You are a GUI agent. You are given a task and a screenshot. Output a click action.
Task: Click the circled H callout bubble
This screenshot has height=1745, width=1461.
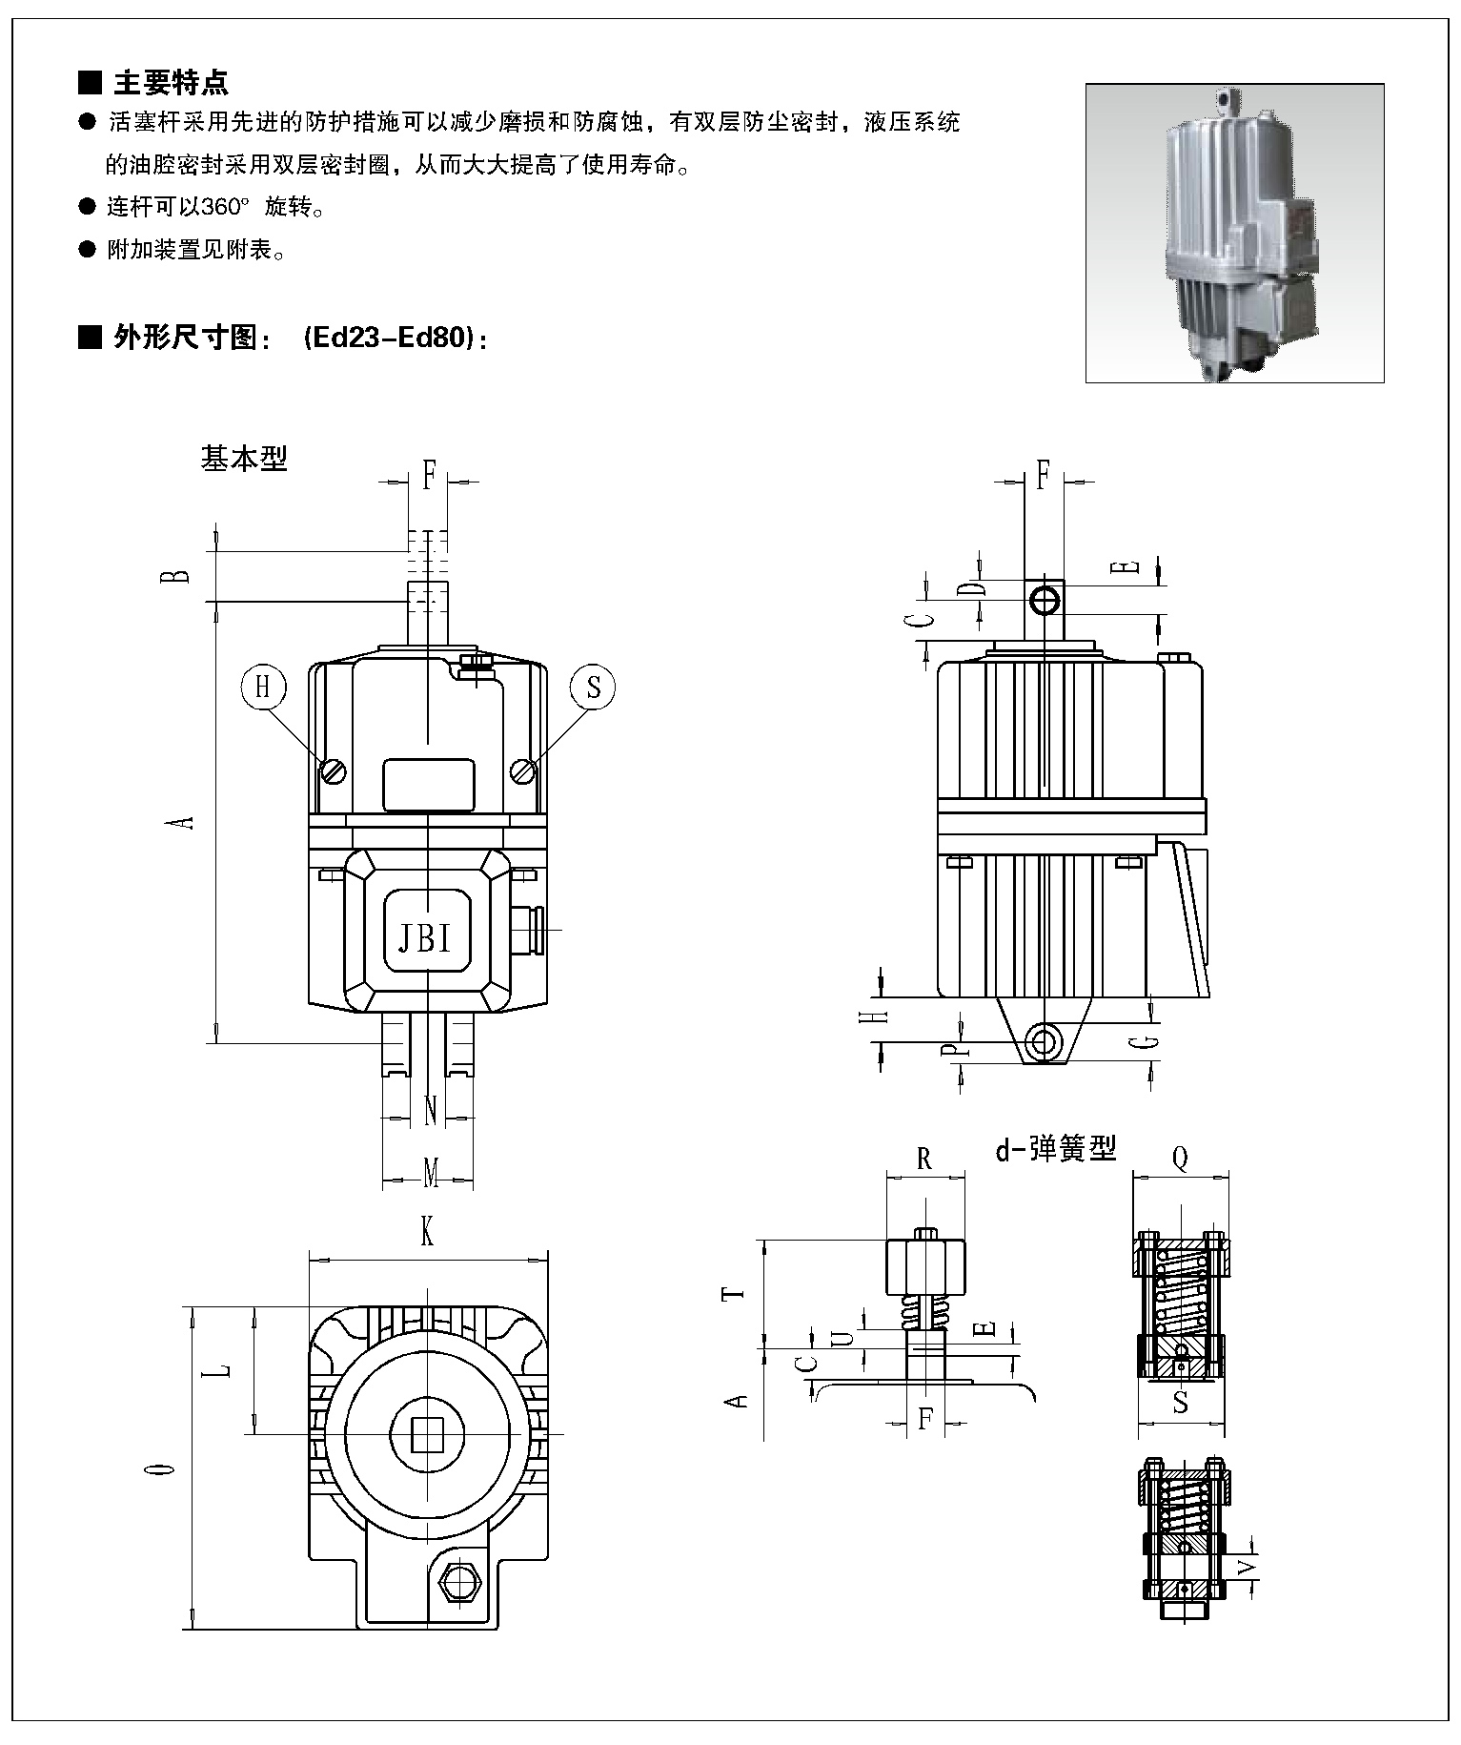[x=264, y=687]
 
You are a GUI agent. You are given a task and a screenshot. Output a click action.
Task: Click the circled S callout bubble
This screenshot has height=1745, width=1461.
[x=594, y=687]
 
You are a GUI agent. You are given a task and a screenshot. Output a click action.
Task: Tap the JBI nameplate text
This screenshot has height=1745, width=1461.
[x=424, y=938]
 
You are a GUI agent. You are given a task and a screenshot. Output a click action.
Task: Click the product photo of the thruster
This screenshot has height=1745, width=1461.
[x=1234, y=234]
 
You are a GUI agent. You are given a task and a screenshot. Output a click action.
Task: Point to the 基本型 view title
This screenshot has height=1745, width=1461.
[x=244, y=459]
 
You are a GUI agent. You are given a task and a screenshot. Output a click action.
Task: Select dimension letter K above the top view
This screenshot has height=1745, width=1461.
[x=427, y=1235]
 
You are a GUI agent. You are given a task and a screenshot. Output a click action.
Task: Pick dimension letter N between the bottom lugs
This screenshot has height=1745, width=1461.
[x=430, y=1110]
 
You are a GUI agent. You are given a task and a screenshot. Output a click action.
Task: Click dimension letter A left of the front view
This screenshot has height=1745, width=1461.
[x=187, y=820]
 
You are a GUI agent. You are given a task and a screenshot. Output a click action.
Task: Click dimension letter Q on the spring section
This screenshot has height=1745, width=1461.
[x=1180, y=1159]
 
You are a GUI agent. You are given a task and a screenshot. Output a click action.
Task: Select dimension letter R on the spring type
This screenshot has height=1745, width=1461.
[x=923, y=1159]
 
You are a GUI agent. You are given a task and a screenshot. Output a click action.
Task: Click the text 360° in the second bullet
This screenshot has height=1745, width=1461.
[x=225, y=207]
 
